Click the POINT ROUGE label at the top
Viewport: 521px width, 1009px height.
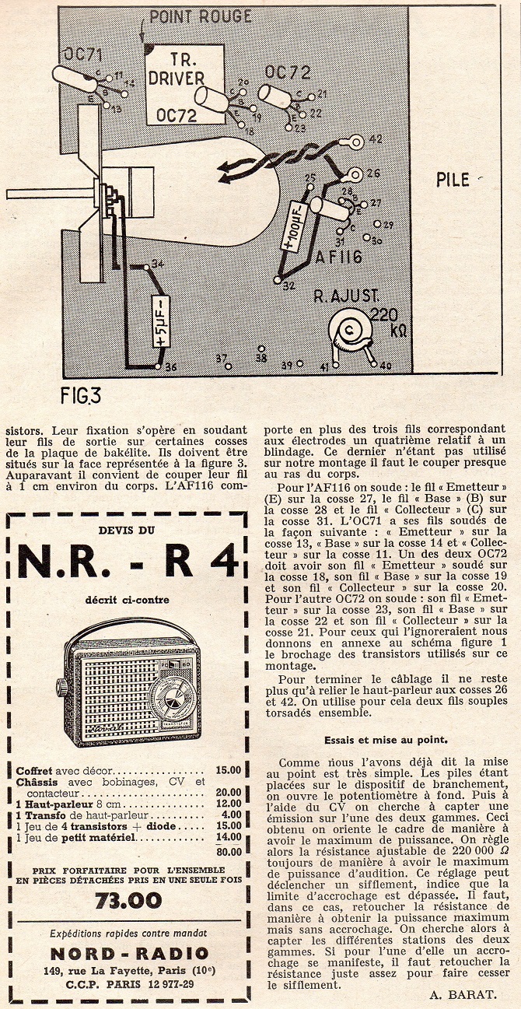200,16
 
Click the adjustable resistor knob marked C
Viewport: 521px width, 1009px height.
349,329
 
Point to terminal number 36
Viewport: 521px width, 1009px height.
159,366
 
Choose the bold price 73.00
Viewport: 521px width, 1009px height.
128,900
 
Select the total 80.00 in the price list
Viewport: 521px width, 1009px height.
229,850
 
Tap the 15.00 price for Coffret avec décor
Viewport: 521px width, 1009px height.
229,770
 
